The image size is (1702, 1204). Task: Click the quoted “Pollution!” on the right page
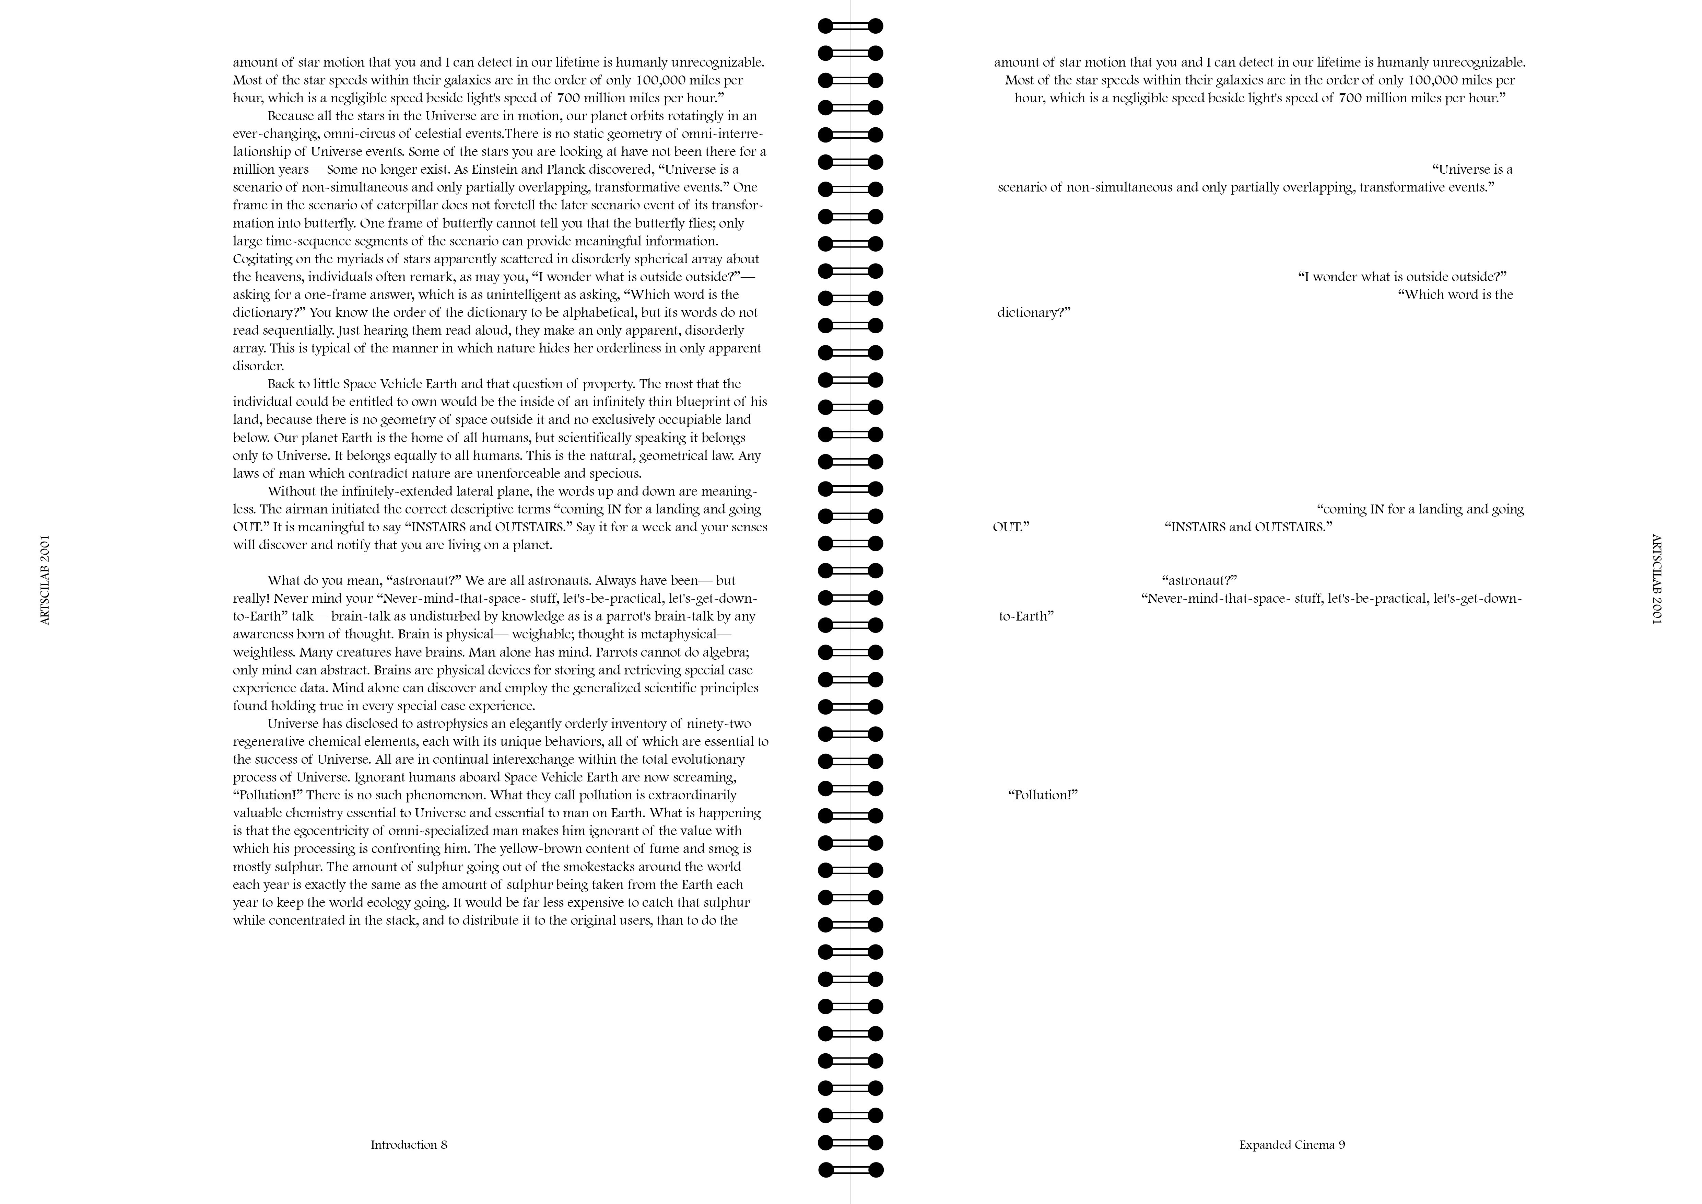(1042, 795)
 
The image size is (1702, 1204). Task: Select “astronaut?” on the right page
(1199, 580)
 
